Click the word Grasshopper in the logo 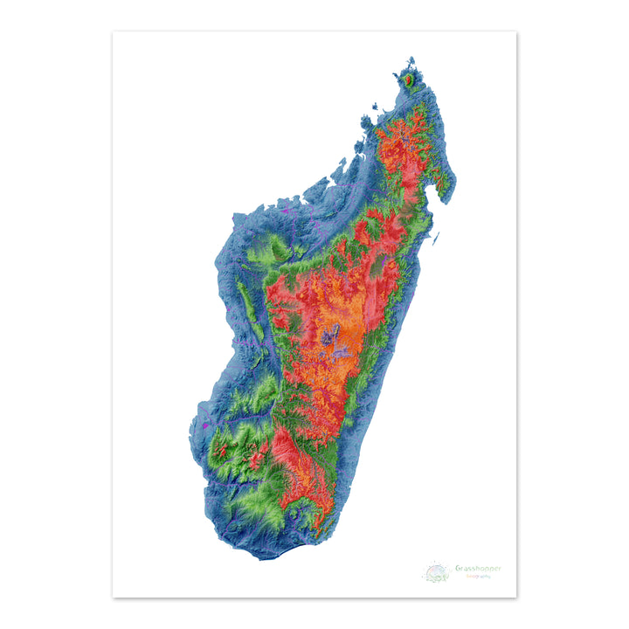(478, 568)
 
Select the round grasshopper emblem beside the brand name (437, 573)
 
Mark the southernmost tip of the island (261, 556)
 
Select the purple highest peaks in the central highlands (332, 337)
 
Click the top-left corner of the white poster (113, 32)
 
